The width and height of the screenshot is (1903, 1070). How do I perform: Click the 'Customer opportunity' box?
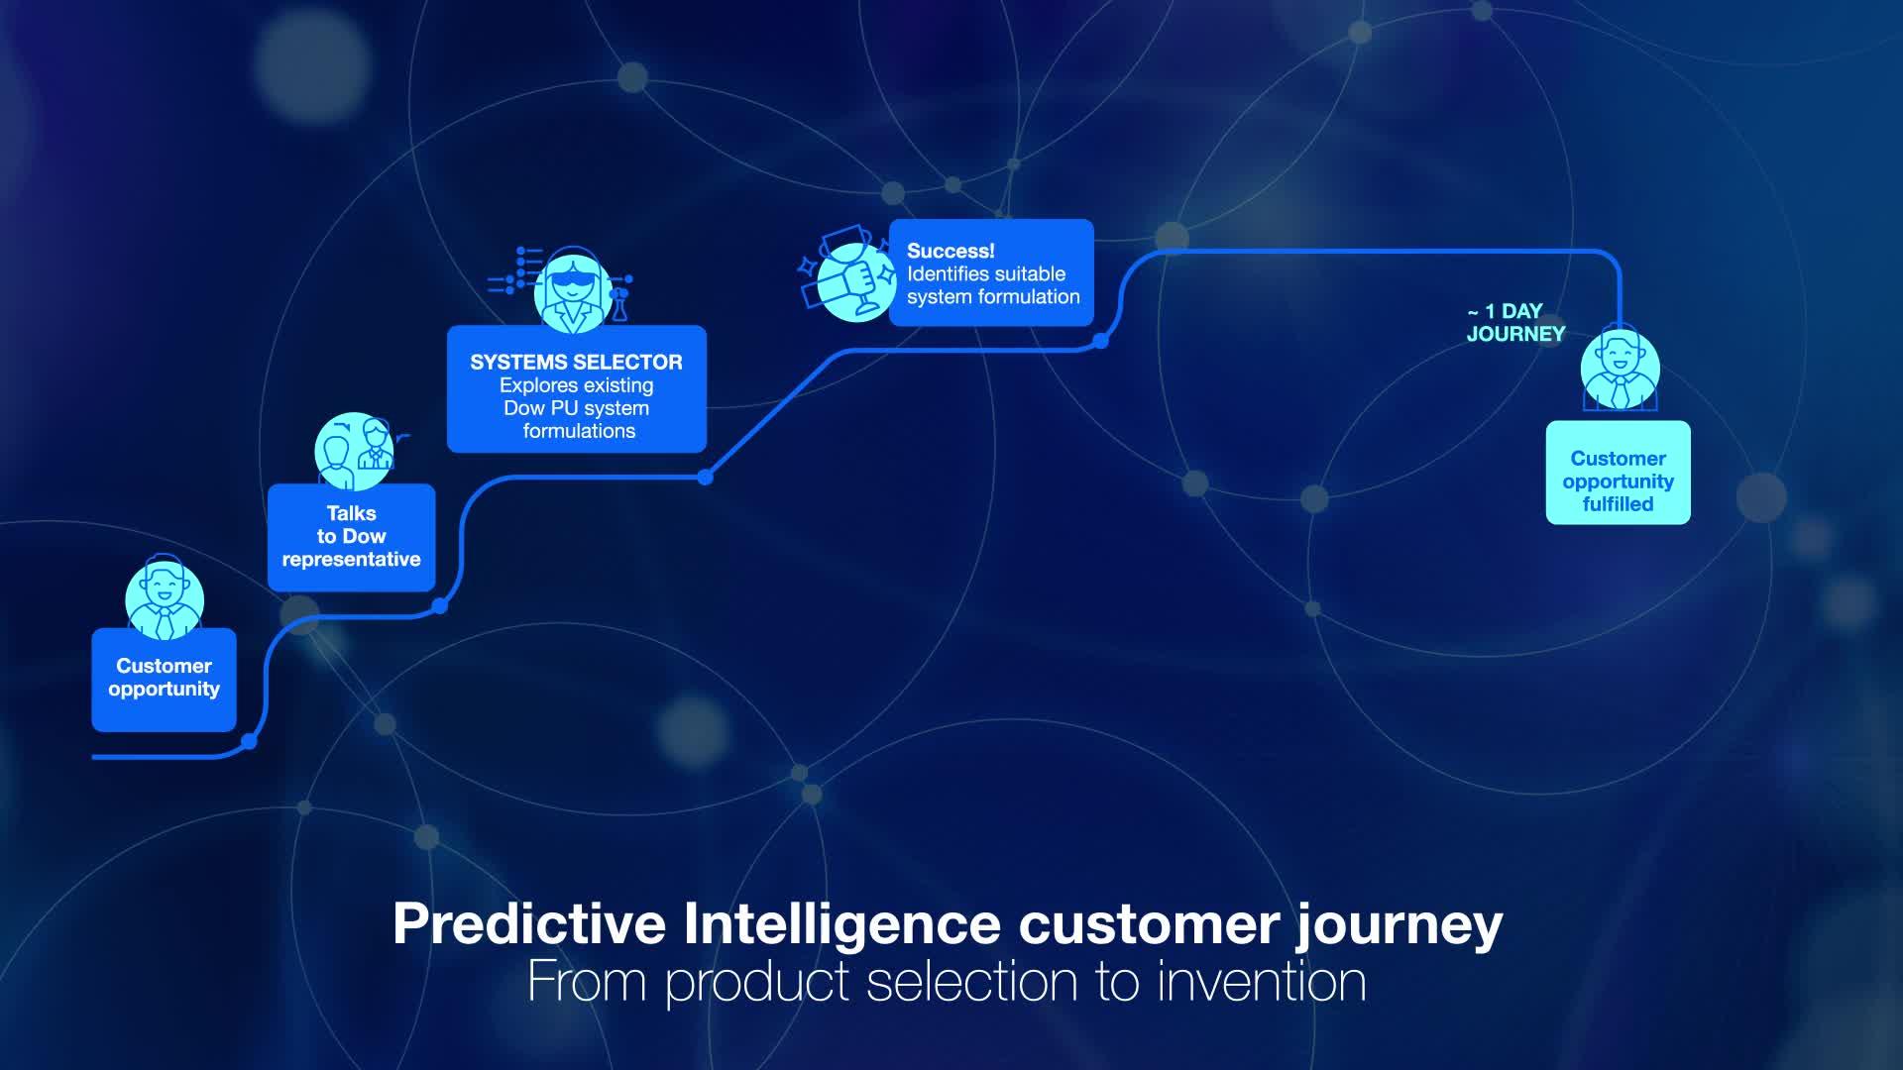(164, 680)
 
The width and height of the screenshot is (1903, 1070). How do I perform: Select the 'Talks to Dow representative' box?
(351, 538)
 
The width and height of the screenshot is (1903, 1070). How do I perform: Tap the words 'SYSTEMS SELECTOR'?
(576, 363)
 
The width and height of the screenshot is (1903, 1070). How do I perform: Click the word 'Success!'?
(950, 252)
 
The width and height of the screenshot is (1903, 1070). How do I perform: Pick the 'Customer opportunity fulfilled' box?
(1618, 474)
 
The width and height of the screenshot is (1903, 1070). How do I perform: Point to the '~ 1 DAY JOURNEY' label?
(1513, 323)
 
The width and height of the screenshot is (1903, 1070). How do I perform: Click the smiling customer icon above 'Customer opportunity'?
(165, 596)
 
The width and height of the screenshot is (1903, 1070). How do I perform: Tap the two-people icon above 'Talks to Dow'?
(355, 452)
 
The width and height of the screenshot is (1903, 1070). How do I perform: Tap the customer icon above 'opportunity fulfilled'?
(1620, 370)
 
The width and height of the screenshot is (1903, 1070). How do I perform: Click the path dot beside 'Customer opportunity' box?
(249, 741)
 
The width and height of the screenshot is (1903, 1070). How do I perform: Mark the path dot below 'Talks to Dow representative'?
(440, 605)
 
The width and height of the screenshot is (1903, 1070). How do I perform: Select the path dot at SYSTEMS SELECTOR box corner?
(705, 478)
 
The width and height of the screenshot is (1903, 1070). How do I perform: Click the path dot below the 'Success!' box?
(1100, 341)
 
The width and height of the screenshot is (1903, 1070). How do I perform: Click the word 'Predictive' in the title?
(528, 924)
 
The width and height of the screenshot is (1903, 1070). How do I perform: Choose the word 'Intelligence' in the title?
(841, 924)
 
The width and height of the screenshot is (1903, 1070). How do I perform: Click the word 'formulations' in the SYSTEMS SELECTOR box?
(579, 432)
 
